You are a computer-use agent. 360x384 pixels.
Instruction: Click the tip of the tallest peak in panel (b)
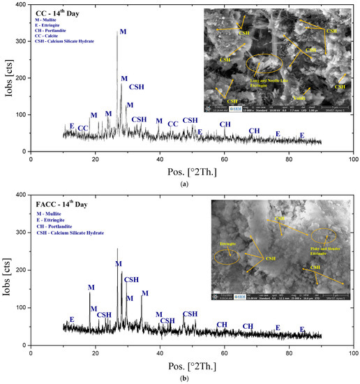click(x=117, y=249)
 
